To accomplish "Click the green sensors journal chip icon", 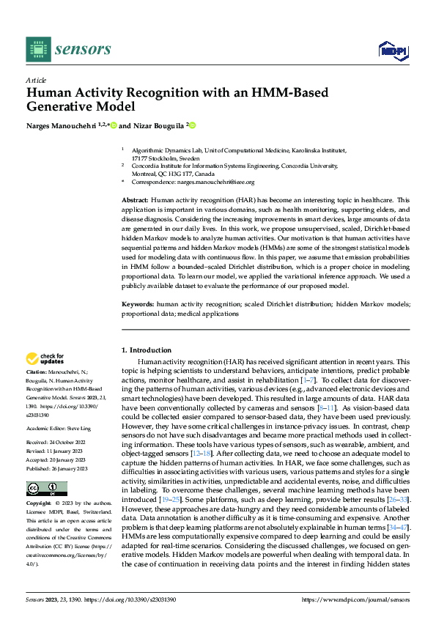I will (38, 48).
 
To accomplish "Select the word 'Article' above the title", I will (35, 79).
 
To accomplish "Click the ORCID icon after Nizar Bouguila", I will (193, 125).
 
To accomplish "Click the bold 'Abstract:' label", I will (136, 200).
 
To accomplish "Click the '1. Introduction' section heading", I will (147, 350).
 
